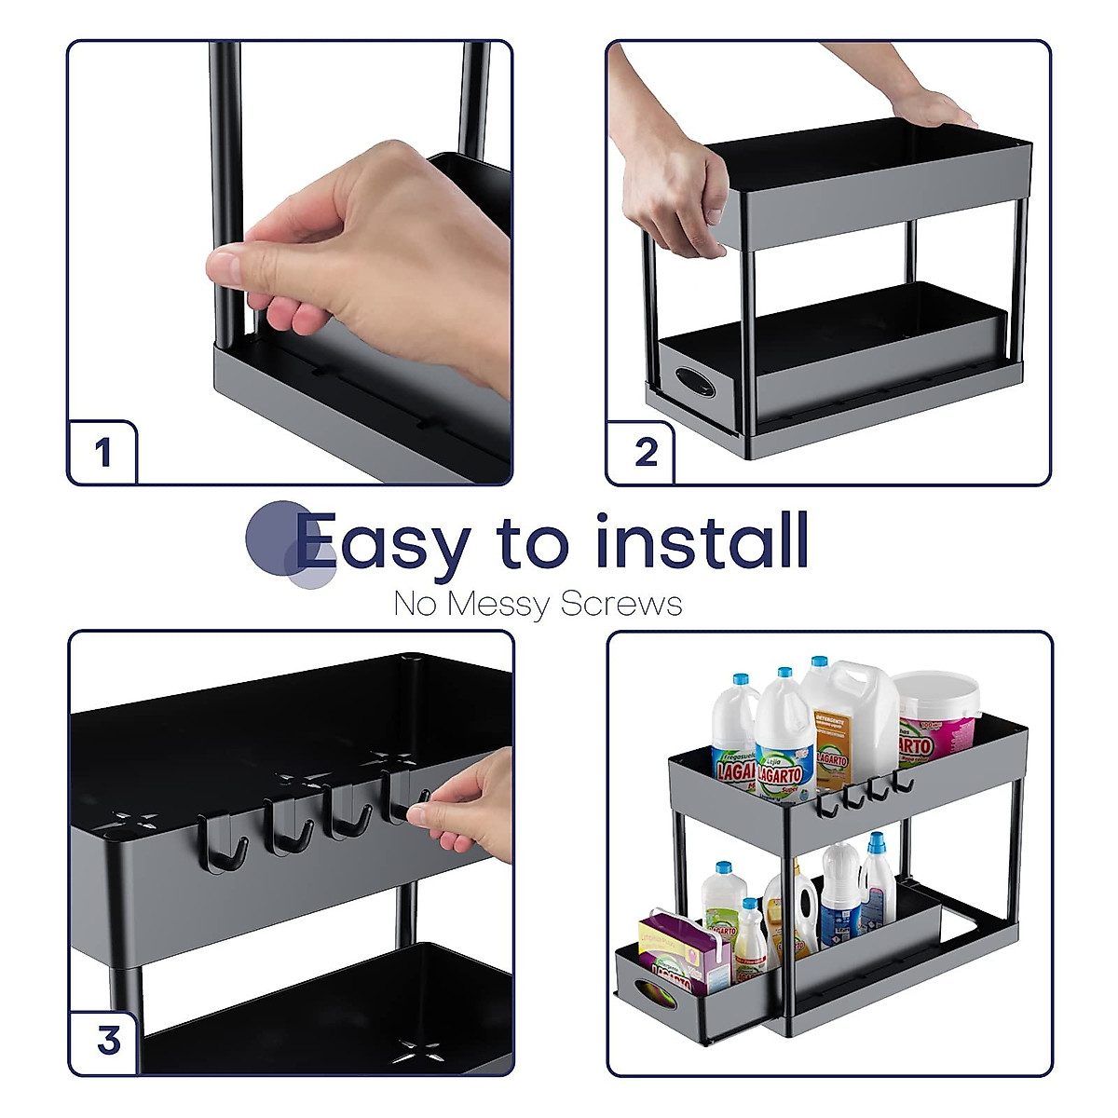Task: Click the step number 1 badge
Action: [102, 454]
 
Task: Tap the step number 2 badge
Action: [646, 454]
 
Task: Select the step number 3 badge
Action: [108, 1040]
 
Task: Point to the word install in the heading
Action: [701, 540]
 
